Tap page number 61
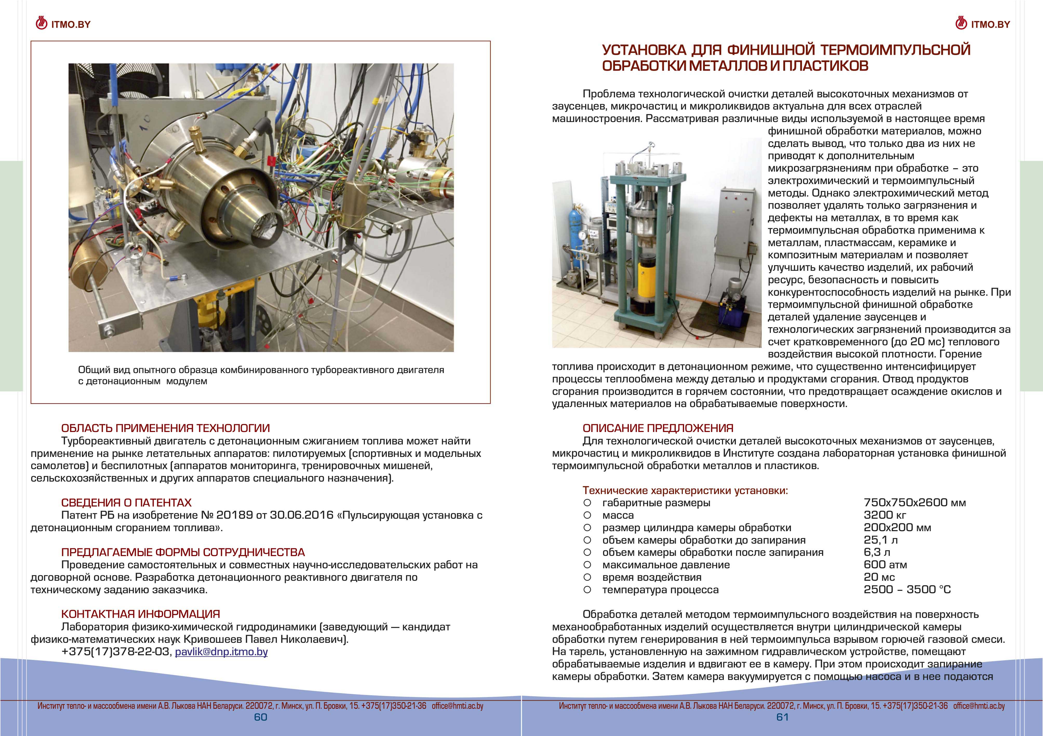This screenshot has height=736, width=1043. pyautogui.click(x=782, y=717)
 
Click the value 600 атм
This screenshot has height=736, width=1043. pyautogui.click(x=885, y=565)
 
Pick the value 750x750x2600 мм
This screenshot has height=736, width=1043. pyautogui.click(x=914, y=503)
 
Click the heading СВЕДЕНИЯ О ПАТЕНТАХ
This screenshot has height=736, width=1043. pyautogui.click(x=126, y=503)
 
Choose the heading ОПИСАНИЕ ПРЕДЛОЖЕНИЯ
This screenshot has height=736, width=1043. pyautogui.click(x=658, y=428)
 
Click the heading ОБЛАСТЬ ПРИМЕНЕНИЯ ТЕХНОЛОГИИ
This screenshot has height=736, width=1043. pyautogui.click(x=165, y=428)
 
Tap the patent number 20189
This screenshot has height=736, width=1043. pyautogui.click(x=235, y=515)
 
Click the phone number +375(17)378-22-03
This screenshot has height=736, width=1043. pyautogui.click(x=116, y=652)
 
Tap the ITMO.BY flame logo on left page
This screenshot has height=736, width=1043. pyautogui.click(x=41, y=23)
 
